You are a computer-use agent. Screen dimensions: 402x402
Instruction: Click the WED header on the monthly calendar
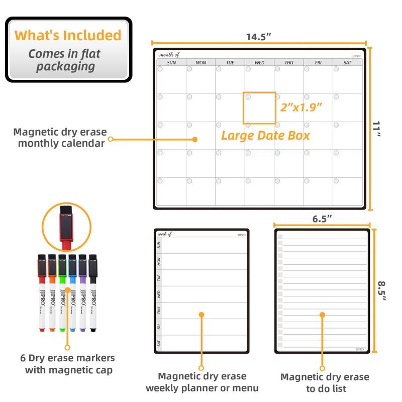(x=259, y=63)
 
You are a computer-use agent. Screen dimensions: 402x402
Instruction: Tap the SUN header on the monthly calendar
(x=171, y=63)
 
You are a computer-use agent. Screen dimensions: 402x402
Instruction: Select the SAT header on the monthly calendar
(x=347, y=63)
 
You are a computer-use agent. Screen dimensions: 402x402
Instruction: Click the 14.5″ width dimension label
(x=259, y=37)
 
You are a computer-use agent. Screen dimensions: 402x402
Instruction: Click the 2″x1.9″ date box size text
(x=300, y=108)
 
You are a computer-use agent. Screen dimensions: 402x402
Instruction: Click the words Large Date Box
(x=265, y=135)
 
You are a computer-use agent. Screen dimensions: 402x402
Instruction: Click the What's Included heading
(x=68, y=36)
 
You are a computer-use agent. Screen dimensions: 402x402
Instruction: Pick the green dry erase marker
(x=62, y=294)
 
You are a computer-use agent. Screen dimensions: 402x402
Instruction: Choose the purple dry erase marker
(x=83, y=294)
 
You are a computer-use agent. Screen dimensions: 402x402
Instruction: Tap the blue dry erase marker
(x=73, y=294)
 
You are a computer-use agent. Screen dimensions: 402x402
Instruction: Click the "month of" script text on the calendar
(x=169, y=54)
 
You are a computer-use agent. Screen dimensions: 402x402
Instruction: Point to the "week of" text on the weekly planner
(x=165, y=234)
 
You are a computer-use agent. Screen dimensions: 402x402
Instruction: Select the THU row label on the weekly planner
(x=159, y=311)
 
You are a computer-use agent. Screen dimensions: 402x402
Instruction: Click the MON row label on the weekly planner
(x=159, y=262)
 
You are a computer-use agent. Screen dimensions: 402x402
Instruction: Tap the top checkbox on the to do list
(x=280, y=236)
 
